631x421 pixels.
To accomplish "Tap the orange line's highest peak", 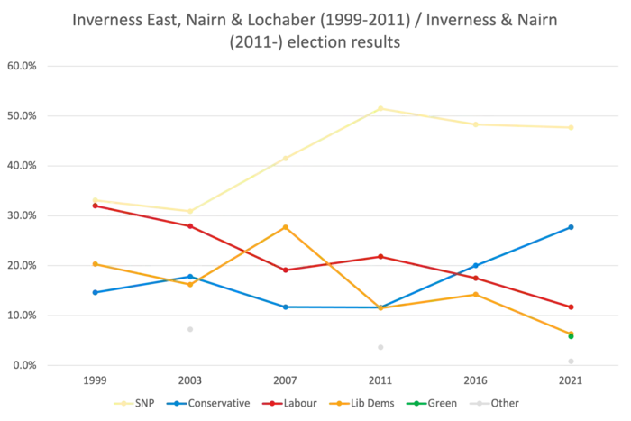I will [286, 225].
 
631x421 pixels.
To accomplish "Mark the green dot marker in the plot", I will [571, 337].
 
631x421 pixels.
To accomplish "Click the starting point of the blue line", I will [92, 292].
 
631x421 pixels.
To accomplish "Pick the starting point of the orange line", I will [92, 262].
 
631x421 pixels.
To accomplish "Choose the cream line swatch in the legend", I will [124, 403].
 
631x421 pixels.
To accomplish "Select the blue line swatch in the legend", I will [180, 403].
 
